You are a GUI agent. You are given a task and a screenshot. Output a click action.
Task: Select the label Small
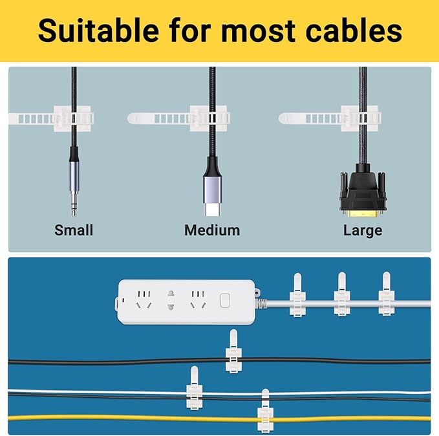pyautogui.click(x=74, y=230)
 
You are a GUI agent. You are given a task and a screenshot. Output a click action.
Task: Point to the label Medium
pyautogui.click(x=212, y=230)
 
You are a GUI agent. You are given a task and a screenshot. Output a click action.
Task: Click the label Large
pyautogui.click(x=363, y=230)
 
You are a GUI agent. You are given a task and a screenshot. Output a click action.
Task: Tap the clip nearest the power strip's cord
pyautogui.click(x=297, y=297)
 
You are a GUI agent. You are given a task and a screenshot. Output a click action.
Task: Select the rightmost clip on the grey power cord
pyautogui.click(x=386, y=296)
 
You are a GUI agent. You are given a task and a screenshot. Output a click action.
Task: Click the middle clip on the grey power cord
pyautogui.click(x=342, y=296)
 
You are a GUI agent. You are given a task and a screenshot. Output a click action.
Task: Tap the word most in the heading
pyautogui.click(x=248, y=30)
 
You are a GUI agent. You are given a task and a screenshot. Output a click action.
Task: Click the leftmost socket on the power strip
pyautogui.click(x=143, y=300)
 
